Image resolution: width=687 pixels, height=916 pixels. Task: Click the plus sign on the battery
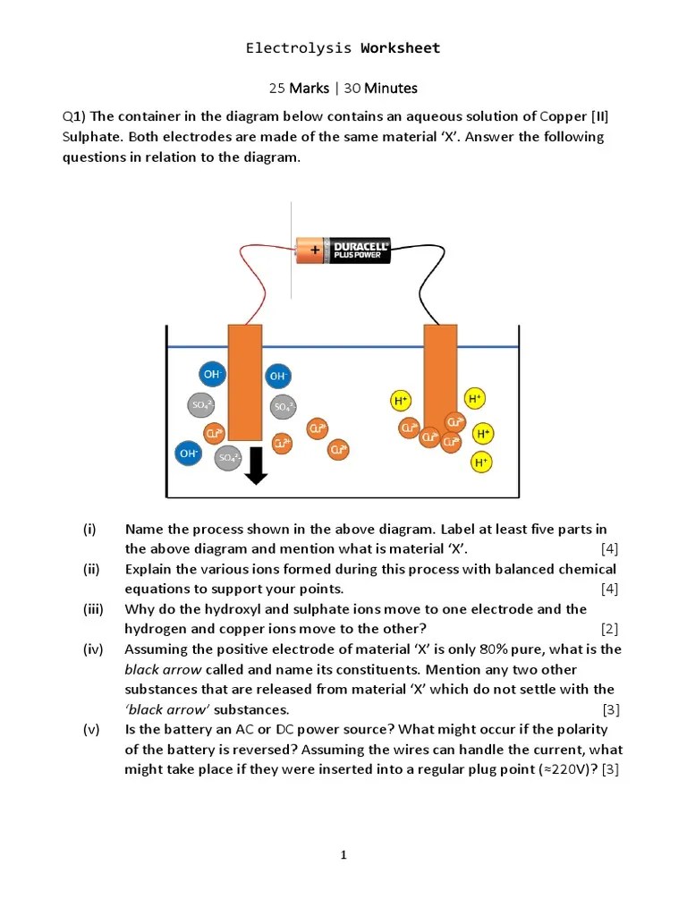pyautogui.click(x=315, y=250)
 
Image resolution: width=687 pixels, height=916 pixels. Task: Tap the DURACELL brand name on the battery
pyautogui.click(x=360, y=245)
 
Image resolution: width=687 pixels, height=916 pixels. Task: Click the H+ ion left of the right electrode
pyautogui.click(x=401, y=402)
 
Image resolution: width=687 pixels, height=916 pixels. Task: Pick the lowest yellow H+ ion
pyautogui.click(x=481, y=462)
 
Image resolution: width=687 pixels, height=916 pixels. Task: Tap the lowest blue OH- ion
pyautogui.click(x=189, y=454)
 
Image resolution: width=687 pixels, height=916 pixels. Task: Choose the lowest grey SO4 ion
pyautogui.click(x=228, y=458)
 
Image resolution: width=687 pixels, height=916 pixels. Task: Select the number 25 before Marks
pyautogui.click(x=277, y=88)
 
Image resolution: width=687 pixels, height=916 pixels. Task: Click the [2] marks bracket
pyautogui.click(x=609, y=629)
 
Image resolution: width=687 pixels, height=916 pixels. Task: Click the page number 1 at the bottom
pyautogui.click(x=343, y=855)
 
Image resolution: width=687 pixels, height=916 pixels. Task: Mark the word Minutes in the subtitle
pyautogui.click(x=391, y=88)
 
